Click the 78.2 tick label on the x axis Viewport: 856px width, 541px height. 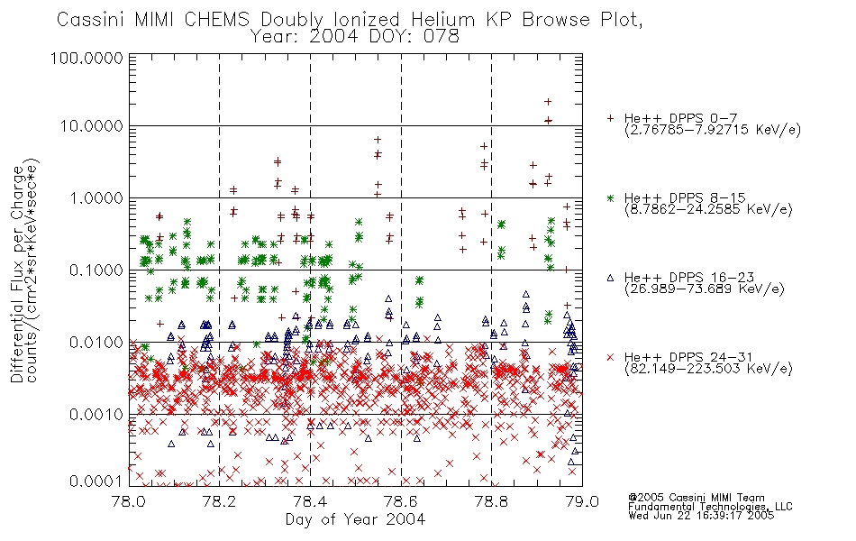coord(220,501)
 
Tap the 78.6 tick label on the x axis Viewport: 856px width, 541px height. coord(401,501)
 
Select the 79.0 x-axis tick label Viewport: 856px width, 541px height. coord(582,501)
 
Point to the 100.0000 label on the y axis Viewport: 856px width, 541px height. coord(87,58)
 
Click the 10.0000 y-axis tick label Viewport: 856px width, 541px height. coord(91,126)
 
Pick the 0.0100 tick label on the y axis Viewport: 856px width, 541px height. coord(96,343)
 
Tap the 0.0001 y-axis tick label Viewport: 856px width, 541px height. coord(96,481)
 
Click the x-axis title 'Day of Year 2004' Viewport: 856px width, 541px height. coord(355,519)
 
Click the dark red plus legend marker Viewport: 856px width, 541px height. coord(610,118)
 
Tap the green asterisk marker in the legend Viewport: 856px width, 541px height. coord(610,197)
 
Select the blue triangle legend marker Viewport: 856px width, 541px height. coord(610,278)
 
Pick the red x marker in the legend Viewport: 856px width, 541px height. coord(610,357)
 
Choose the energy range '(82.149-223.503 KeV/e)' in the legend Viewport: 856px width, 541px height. coord(708,369)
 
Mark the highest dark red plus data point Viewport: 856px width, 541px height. coord(548,102)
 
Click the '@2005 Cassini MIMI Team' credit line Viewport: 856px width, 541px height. coord(696,498)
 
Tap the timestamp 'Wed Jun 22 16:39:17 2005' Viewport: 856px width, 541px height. coord(701,515)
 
